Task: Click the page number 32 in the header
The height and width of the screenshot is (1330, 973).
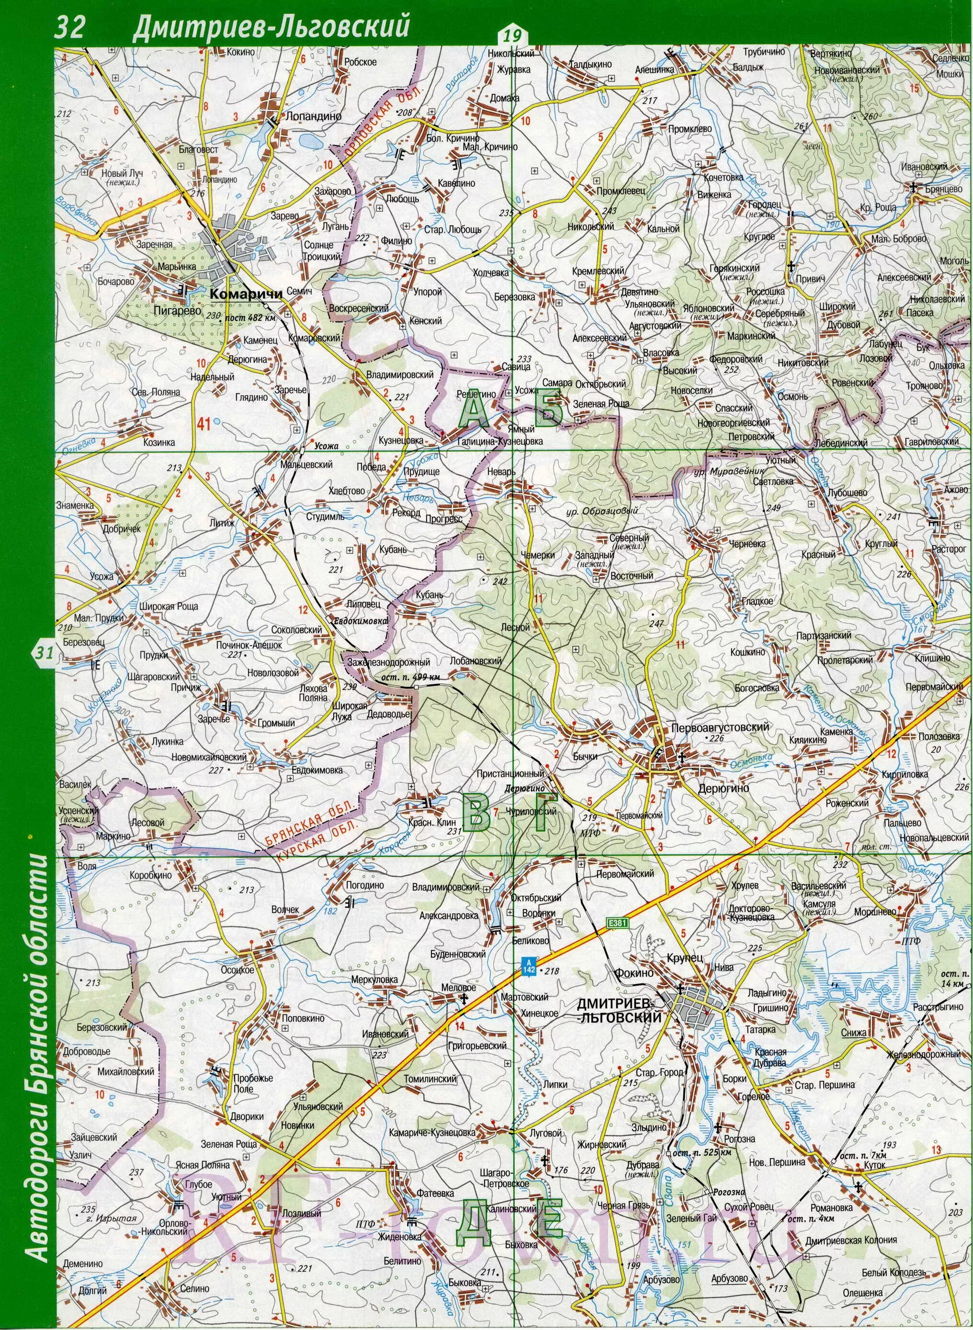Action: (70, 28)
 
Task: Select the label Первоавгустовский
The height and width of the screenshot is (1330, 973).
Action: (720, 727)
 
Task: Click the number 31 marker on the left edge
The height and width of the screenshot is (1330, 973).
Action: (44, 653)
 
